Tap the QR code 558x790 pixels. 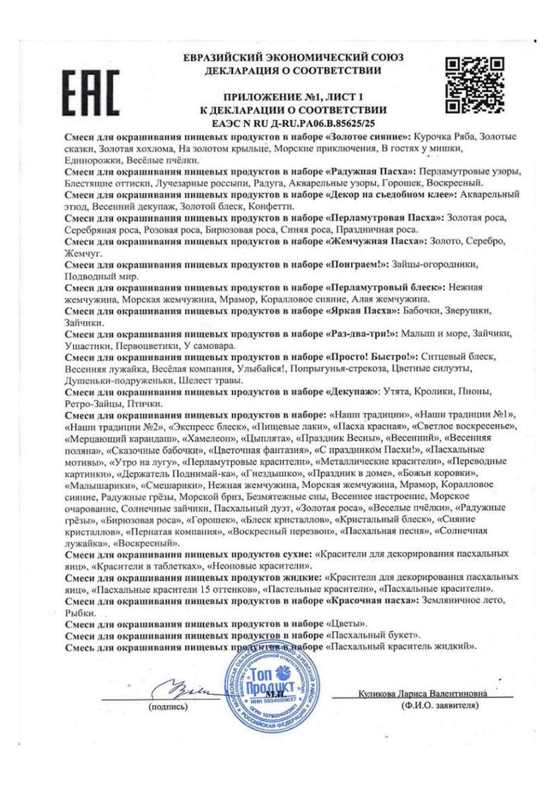(x=474, y=85)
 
